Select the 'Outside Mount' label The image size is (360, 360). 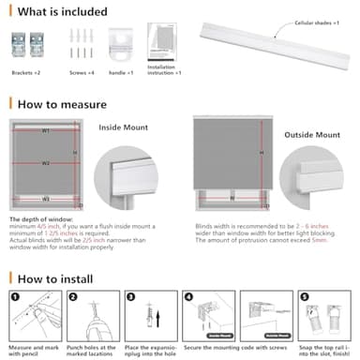tap(311, 135)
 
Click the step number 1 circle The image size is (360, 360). tap(16, 297)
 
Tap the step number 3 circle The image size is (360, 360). tap(131, 297)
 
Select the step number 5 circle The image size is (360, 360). tap(305, 297)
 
